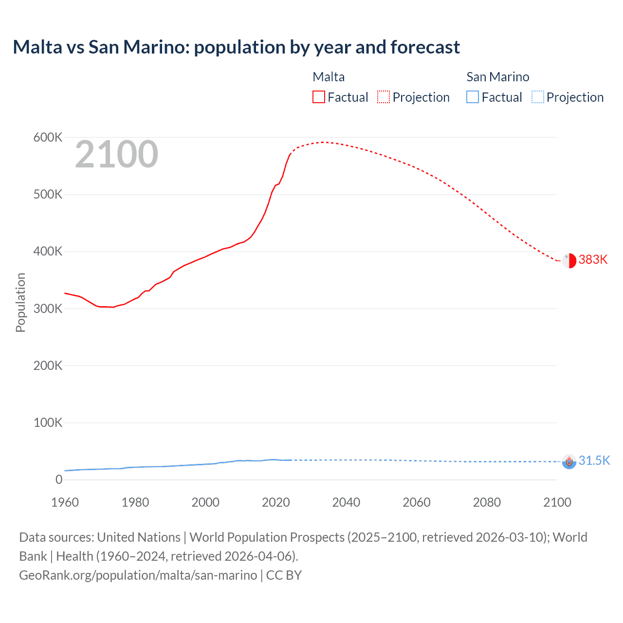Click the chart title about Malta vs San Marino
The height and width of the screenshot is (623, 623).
236,47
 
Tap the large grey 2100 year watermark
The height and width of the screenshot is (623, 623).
116,154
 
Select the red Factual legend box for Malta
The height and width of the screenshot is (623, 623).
318,97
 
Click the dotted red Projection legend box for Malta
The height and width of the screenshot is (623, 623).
384,97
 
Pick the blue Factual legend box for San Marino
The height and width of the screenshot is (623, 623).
472,97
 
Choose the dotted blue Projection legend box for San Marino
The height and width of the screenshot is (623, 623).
537,97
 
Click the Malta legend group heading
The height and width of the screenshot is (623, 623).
329,77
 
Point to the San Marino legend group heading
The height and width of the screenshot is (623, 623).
497,77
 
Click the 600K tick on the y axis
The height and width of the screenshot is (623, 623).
48,138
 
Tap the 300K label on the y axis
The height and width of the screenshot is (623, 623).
48,309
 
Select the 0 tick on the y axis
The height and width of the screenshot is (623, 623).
59,479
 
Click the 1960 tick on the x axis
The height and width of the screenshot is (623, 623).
65,502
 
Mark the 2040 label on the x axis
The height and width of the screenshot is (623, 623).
346,502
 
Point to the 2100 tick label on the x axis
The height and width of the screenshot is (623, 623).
557,502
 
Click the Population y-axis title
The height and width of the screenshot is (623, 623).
20,302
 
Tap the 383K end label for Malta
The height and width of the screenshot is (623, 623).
593,259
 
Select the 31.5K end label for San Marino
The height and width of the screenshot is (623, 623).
594,460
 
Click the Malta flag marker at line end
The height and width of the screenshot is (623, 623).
569,260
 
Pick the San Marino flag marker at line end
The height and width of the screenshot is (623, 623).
569,461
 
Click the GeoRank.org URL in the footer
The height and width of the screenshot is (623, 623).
138,575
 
